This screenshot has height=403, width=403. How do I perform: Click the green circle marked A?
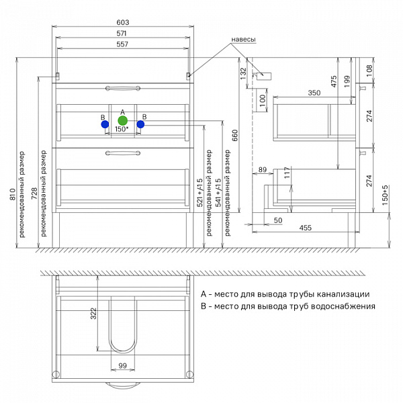[123, 120]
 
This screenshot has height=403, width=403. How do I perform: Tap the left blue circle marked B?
[105, 124]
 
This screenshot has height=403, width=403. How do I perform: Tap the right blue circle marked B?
[140, 124]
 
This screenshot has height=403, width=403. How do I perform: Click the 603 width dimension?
[123, 22]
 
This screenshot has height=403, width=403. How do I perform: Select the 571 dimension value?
[122, 34]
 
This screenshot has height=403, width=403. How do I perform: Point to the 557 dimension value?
[122, 44]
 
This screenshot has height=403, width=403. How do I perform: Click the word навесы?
[243, 40]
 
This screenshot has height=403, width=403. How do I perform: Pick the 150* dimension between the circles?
[122, 129]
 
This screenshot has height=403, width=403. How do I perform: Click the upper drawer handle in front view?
[123, 89]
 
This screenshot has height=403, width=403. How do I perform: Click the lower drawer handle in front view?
[123, 153]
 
